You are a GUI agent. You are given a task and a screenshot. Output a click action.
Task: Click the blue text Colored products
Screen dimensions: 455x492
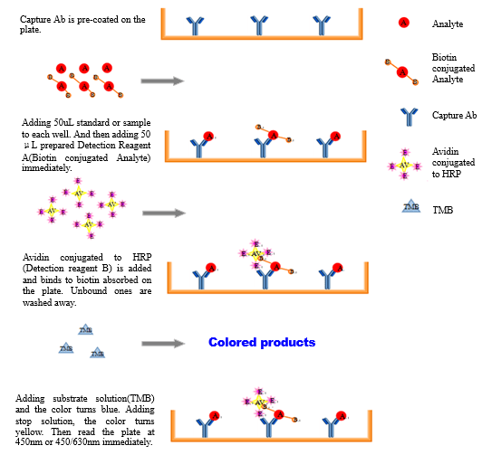pyautogui.click(x=261, y=343)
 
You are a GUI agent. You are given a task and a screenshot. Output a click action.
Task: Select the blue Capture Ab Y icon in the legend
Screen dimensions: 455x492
pyautogui.click(x=408, y=116)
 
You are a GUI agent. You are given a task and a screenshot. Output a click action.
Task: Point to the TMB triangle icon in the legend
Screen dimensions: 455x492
pyautogui.click(x=410, y=208)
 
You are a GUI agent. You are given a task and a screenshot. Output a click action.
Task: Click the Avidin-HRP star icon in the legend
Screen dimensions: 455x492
pyautogui.click(x=404, y=165)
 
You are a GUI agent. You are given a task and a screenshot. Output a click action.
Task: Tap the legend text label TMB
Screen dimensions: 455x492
pyautogui.click(x=442, y=210)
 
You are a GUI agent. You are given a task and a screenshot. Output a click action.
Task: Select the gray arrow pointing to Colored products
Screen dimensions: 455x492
pyautogui.click(x=163, y=344)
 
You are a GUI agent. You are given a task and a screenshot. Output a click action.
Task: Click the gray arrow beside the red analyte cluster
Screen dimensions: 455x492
pyautogui.click(x=163, y=81)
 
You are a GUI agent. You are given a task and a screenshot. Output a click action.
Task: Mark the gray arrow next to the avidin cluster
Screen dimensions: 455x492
pyautogui.click(x=163, y=213)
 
